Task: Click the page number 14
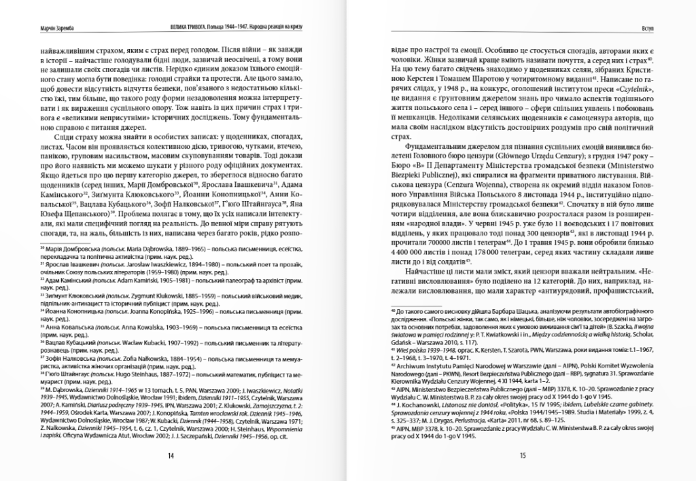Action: tap(171, 456)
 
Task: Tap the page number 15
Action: tap(523, 456)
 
